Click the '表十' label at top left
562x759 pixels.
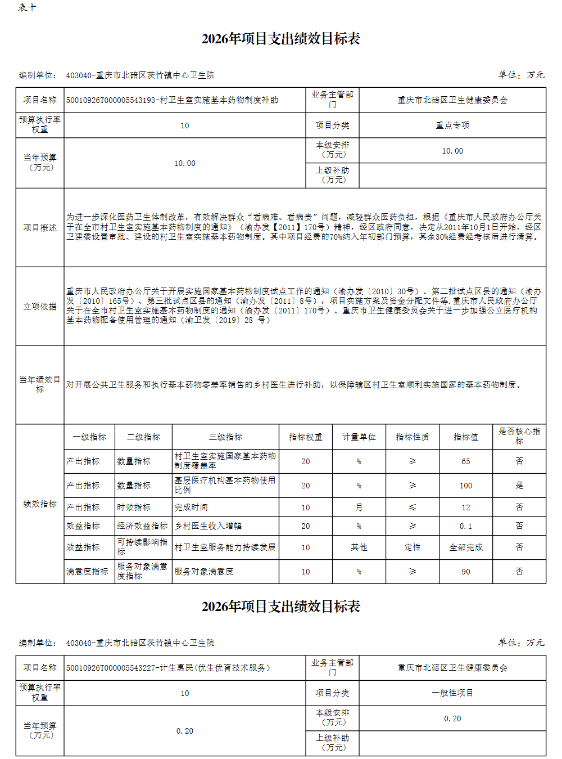coord(27,7)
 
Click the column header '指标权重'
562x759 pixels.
coord(305,437)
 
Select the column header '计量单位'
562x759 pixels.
coord(359,437)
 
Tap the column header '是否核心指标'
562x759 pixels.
coord(519,436)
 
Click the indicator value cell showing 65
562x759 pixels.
coord(465,461)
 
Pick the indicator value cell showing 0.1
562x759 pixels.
coord(465,526)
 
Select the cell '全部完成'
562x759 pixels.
coord(465,547)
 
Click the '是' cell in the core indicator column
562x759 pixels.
coord(519,486)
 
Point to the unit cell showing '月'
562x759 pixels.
coord(359,508)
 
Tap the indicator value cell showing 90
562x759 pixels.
coord(465,572)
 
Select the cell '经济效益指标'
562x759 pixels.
coord(142,526)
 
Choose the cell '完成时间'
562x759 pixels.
coord(191,508)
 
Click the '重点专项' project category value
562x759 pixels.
coord(452,125)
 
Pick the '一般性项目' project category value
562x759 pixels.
coord(452,693)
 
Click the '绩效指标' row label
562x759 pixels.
coord(40,504)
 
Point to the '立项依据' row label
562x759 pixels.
coord(40,307)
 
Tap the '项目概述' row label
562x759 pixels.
coord(40,228)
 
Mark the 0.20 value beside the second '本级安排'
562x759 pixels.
coord(452,718)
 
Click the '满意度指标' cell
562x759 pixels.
coord(87,572)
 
